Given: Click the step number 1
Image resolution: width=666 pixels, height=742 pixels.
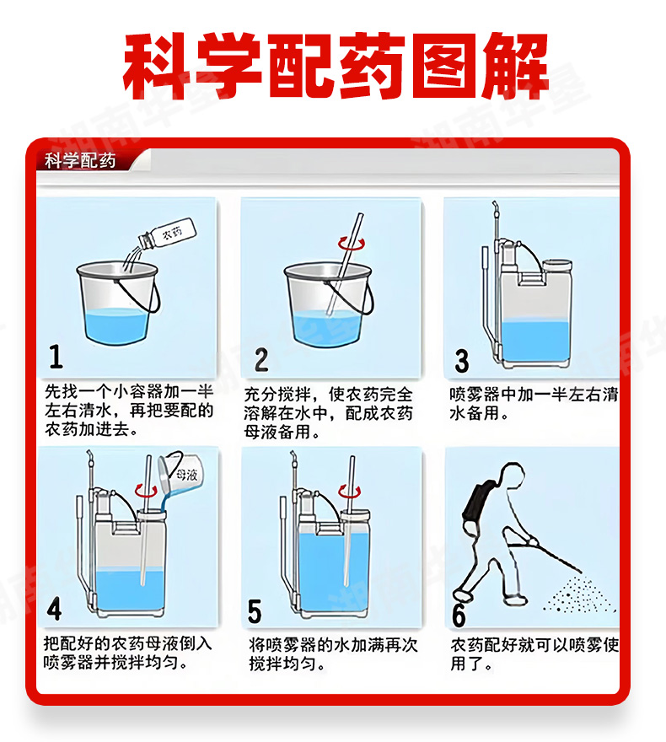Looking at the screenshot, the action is point(56,357).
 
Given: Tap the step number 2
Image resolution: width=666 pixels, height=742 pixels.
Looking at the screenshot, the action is point(261,360).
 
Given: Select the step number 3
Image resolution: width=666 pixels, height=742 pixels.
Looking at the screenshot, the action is point(462,361).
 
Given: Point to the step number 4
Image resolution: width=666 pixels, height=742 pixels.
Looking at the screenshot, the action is point(54,609).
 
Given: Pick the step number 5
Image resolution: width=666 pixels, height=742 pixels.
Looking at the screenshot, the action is point(255,611).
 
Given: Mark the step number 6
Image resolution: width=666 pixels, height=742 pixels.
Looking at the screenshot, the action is point(459,616).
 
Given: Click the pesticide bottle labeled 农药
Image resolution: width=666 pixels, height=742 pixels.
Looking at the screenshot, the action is point(167,234).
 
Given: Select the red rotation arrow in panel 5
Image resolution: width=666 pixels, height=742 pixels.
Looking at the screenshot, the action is point(350,492).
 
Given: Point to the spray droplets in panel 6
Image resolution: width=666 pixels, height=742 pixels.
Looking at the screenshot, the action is point(578,594).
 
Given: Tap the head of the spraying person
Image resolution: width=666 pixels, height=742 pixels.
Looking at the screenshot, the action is point(513,476).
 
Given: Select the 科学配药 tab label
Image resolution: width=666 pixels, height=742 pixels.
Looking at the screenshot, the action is point(80,161).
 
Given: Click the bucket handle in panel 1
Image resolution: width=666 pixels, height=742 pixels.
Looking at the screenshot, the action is point(141,294).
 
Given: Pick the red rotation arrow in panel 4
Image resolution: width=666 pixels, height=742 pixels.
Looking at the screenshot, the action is point(147,490).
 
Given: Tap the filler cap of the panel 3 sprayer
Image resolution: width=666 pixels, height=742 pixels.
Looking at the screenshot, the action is point(557,266).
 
